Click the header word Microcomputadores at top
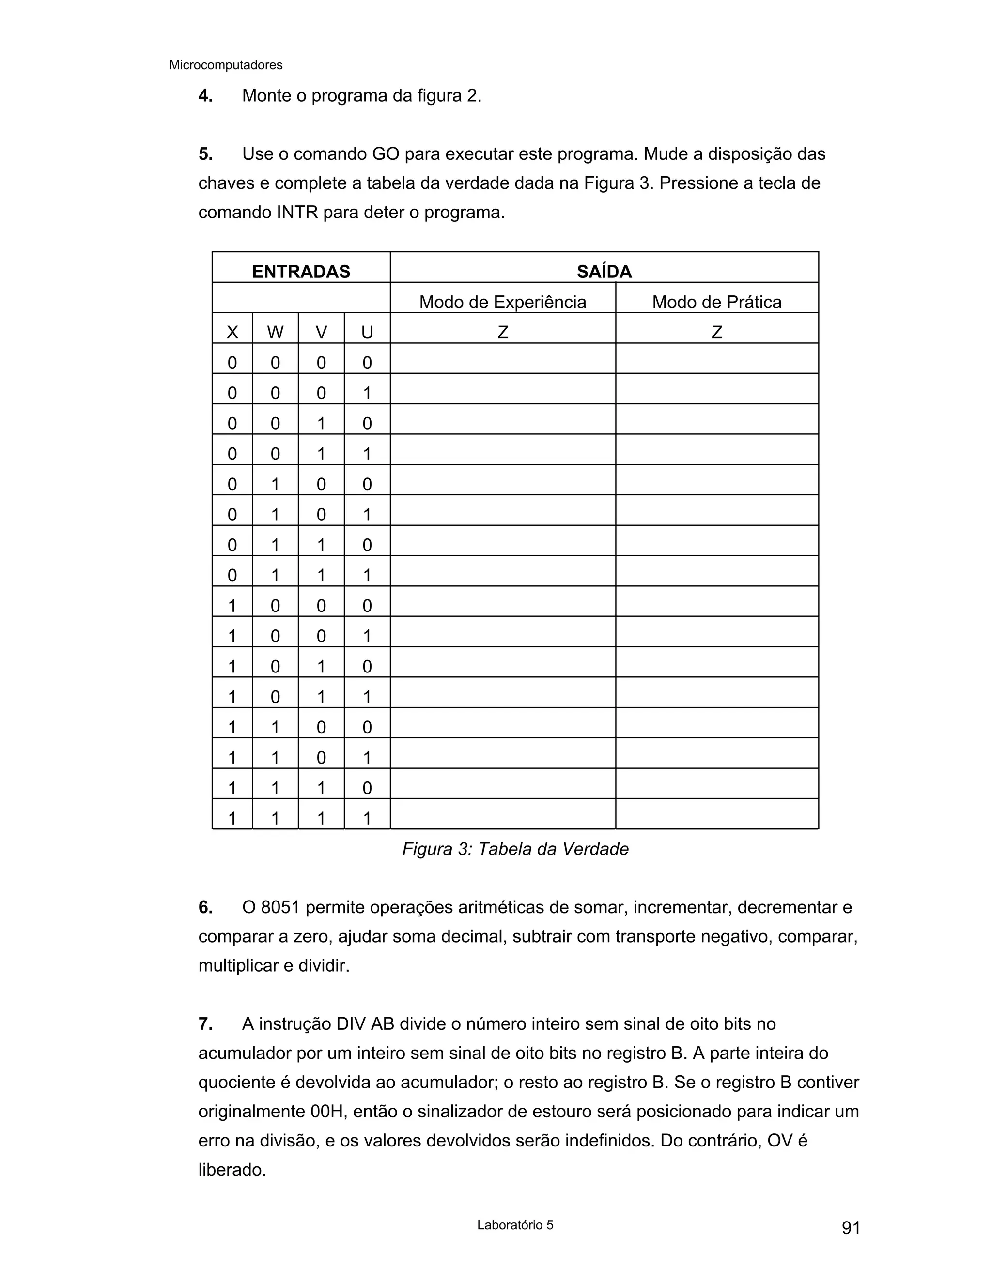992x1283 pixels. tap(226, 65)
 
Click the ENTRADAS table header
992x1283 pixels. tap(301, 272)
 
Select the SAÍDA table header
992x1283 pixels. tap(604, 272)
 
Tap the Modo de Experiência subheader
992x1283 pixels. tap(502, 302)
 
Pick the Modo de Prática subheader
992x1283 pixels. tap(716, 302)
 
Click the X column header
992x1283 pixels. tap(232, 333)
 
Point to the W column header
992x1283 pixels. tap(275, 333)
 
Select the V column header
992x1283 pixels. tap(321, 333)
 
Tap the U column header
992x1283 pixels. tap(367, 333)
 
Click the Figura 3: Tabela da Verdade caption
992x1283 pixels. tap(515, 849)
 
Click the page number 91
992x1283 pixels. tap(851, 1228)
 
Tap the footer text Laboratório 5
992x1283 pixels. tap(515, 1225)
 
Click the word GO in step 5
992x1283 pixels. tap(386, 154)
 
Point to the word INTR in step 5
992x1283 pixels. tap(297, 212)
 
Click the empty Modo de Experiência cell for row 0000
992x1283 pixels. tap(502, 358)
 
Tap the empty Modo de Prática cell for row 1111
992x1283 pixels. tap(716, 814)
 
